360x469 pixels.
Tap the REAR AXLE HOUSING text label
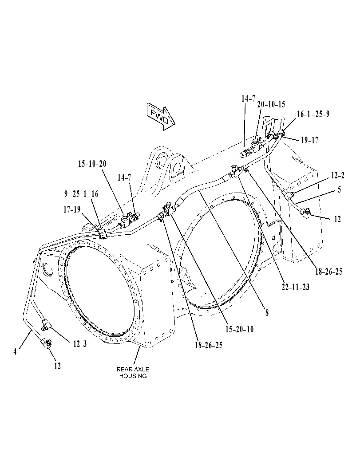(133, 372)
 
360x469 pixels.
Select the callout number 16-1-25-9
(313, 114)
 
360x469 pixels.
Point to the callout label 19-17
(309, 140)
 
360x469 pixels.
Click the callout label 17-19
(72, 209)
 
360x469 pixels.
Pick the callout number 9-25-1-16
(81, 194)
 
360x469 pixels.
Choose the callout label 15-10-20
(92, 164)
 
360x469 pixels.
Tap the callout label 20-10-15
(271, 104)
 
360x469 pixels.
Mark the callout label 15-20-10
(239, 329)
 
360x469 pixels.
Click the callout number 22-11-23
(295, 287)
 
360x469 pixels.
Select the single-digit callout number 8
(267, 312)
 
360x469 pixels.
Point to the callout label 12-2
(337, 176)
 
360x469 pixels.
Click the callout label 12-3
(79, 344)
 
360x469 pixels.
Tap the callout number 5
(339, 189)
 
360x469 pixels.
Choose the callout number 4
(15, 352)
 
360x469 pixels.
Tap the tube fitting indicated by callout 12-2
(290, 196)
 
